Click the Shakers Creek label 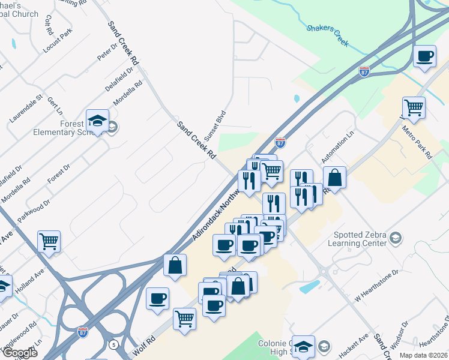click(328, 35)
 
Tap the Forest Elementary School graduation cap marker click(97, 122)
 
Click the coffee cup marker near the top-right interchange click(425, 57)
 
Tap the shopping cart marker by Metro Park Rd click(414, 109)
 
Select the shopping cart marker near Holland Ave click(49, 242)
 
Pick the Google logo click(19, 353)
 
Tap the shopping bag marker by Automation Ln click(334, 178)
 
